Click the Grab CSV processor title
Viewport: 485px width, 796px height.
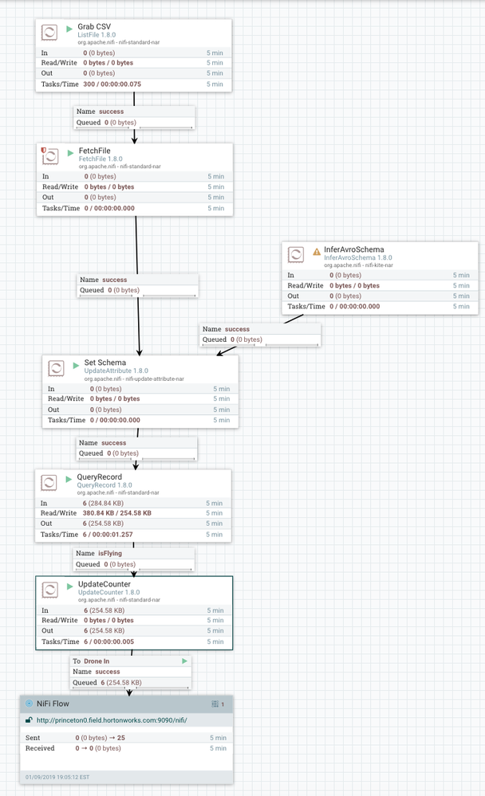coord(94,26)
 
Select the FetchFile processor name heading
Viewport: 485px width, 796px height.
coord(94,151)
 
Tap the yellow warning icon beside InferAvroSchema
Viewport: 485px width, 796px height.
coord(317,249)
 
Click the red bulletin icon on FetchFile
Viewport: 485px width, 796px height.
coord(43,149)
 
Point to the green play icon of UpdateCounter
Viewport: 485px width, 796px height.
coord(70,584)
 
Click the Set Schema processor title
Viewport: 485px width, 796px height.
coord(104,363)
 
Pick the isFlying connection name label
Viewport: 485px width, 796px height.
coord(109,552)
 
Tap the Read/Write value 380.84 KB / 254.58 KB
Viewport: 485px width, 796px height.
coord(118,513)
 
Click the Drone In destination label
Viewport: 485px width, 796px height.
coord(97,661)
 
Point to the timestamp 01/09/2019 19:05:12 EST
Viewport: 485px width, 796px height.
coord(58,776)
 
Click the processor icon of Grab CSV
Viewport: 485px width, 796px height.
coord(49,33)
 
